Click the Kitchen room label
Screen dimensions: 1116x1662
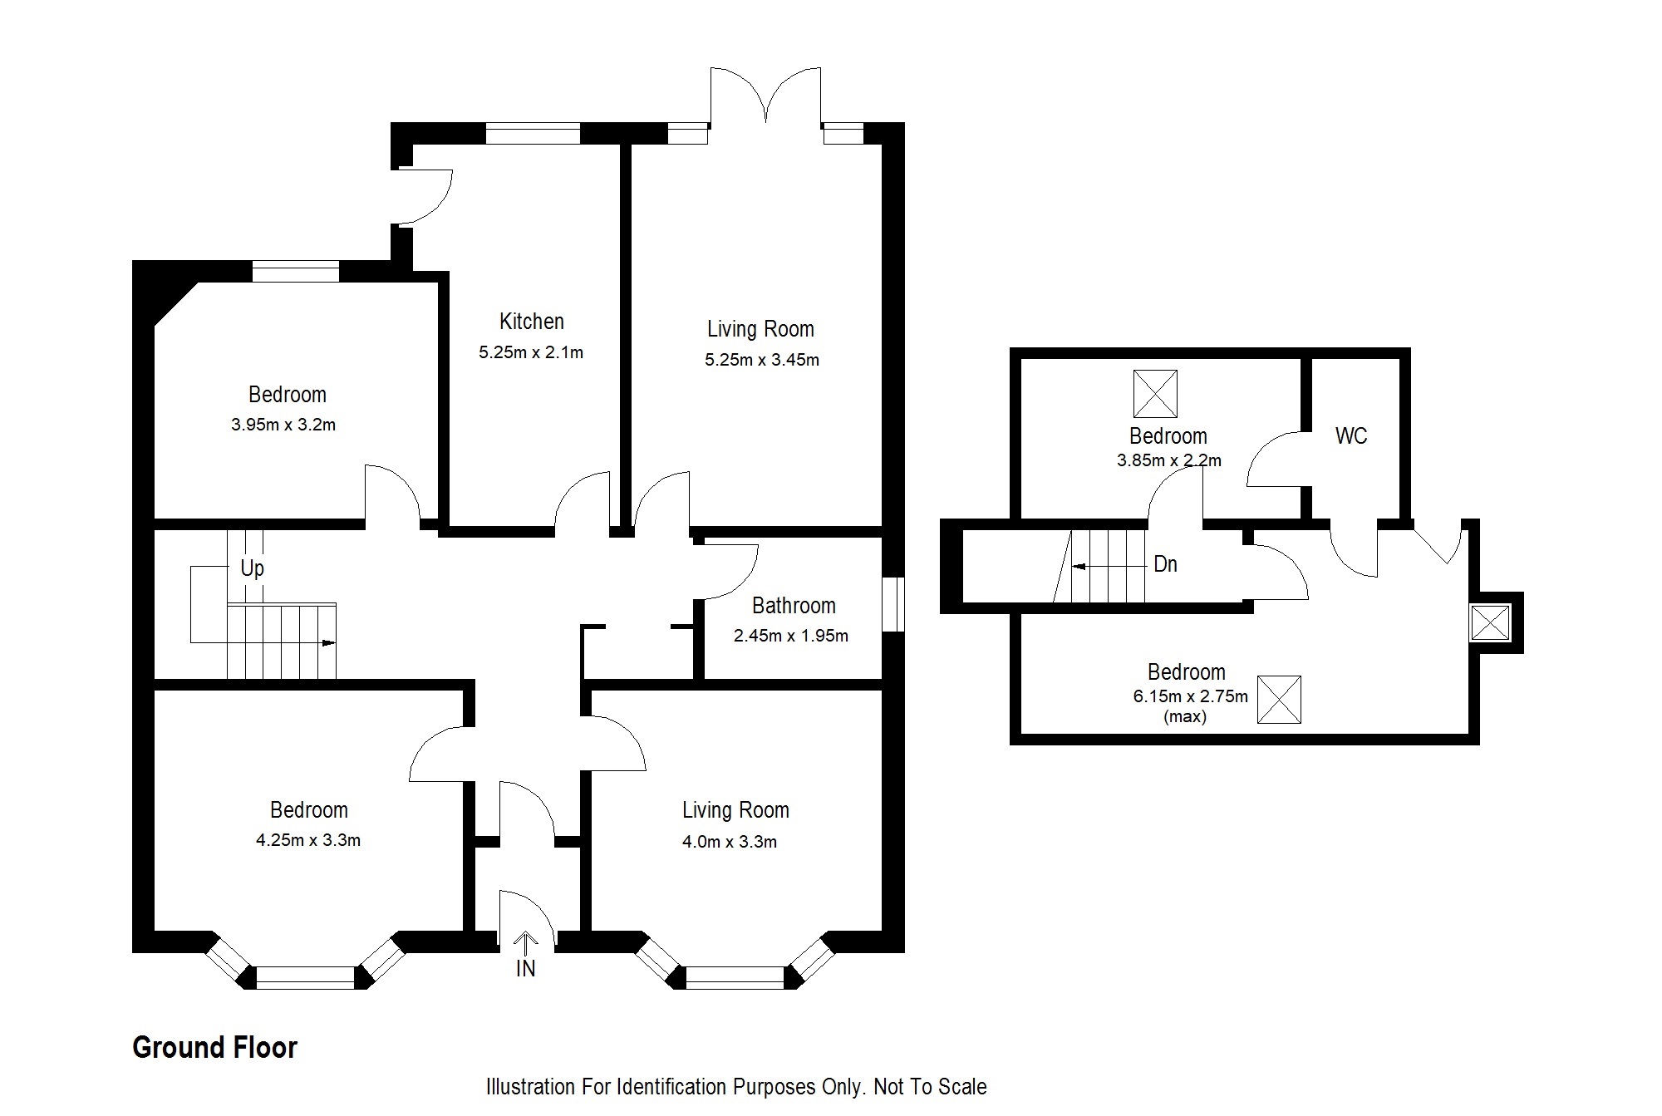pos(532,322)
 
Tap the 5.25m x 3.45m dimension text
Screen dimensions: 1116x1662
pos(762,360)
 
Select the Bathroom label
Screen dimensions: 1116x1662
pos(794,606)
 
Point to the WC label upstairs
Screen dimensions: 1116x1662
pos(1351,436)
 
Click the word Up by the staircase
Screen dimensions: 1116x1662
pos(252,568)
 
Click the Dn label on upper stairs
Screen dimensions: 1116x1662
pos(1165,564)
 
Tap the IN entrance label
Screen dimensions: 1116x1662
pos(525,968)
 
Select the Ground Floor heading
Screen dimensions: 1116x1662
pos(214,1048)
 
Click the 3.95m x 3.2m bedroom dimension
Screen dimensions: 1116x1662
pos(283,425)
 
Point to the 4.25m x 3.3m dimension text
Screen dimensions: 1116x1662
pos(308,840)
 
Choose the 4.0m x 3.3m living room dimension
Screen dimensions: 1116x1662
pos(730,842)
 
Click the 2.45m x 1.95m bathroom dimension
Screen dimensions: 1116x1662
pos(791,636)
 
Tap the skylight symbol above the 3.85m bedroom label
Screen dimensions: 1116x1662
pos(1155,394)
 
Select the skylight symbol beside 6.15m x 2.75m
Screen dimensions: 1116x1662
pos(1279,700)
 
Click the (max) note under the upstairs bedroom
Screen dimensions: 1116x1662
pos(1185,716)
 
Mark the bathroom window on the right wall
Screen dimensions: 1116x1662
pos(892,605)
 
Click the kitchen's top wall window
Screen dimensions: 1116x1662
pos(533,133)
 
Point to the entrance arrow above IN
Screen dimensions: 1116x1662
pos(525,943)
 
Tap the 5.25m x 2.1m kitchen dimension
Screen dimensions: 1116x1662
pos(531,352)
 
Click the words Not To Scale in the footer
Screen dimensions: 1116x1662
pos(930,1087)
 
